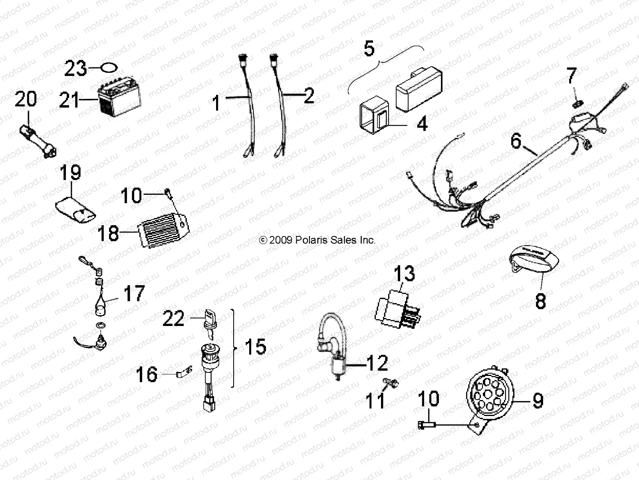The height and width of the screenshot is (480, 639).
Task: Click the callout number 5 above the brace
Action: coord(369,48)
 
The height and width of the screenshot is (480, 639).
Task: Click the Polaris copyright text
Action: coord(318,240)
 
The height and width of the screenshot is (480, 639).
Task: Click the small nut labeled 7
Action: coord(576,104)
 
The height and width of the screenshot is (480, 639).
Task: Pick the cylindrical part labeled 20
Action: coord(38,136)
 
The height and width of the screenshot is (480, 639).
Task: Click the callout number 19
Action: coord(70,173)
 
